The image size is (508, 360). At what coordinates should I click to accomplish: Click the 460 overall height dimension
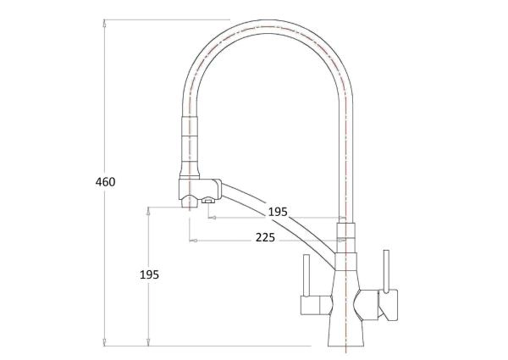coord(106,181)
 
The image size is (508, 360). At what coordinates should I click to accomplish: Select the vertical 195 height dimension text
coord(149,274)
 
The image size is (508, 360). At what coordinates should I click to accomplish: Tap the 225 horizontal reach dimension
coord(265,238)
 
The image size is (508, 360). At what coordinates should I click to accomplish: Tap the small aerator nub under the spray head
coord(206,201)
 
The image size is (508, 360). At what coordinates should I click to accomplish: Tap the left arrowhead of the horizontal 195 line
coord(212,218)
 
